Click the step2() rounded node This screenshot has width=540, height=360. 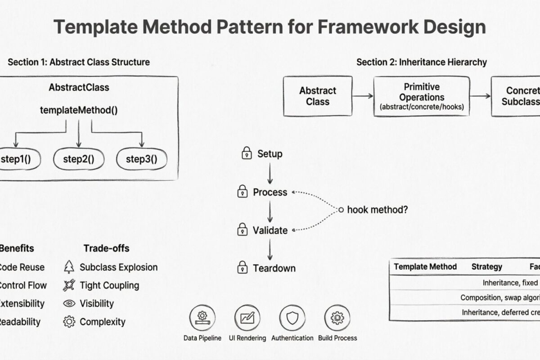79,159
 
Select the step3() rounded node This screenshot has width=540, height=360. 142,159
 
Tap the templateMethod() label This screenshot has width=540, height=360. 79,110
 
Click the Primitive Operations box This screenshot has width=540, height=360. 421,96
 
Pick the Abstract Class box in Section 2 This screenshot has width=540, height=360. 318,96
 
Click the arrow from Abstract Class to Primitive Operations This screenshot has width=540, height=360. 363,96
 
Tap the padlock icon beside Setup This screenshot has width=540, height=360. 246,153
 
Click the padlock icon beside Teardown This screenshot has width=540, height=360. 243,268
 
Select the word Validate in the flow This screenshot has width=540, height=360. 270,230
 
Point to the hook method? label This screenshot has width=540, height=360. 378,210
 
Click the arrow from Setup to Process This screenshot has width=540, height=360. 270,173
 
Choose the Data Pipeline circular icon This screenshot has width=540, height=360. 202,318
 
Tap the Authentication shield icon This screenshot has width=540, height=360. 292,318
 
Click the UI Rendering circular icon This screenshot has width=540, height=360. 247,318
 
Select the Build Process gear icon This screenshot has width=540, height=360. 337,318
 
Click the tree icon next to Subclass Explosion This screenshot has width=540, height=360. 69,267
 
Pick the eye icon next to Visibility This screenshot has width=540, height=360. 69,303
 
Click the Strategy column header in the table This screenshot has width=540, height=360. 486,267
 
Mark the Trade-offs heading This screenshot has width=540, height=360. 106,248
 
